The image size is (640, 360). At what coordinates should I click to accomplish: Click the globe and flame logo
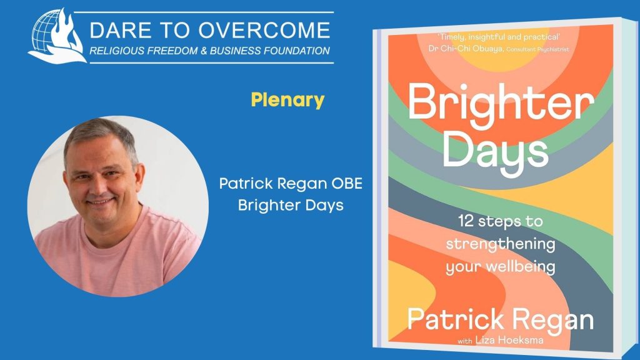point(57,37)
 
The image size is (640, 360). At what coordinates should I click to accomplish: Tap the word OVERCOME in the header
point(264,30)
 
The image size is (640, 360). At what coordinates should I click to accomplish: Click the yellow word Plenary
point(287,100)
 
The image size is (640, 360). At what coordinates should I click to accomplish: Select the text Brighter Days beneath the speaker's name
point(291,205)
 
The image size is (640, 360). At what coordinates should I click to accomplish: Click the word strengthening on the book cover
point(501,244)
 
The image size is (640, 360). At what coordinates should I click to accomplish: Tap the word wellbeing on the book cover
point(521,267)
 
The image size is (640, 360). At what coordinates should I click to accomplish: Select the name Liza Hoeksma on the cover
point(509,340)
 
